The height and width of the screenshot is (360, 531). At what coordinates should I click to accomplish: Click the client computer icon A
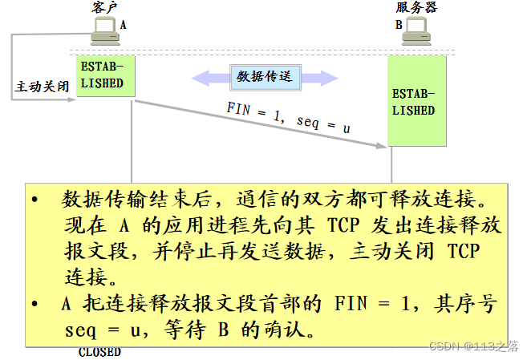[104, 31]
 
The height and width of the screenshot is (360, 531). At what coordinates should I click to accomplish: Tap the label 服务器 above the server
[417, 8]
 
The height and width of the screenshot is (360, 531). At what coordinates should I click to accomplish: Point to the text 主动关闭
[42, 86]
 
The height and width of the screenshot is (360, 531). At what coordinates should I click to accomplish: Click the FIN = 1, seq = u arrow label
[288, 119]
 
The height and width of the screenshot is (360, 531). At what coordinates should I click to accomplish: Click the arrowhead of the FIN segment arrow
[383, 145]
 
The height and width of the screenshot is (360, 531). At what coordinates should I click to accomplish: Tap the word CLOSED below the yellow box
[99, 351]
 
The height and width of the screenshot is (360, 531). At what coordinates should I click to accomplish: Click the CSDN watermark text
[473, 346]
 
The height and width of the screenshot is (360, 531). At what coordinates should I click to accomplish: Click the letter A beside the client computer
[123, 25]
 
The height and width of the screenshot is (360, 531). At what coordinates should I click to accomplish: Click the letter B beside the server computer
[398, 25]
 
